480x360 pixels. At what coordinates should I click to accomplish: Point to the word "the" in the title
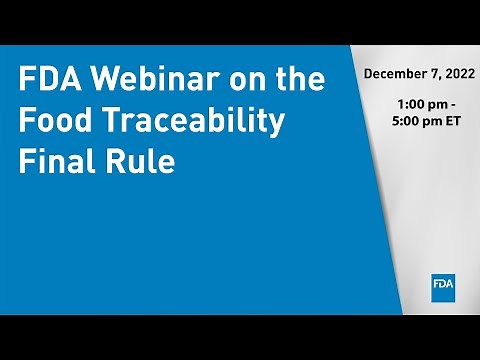click(298, 81)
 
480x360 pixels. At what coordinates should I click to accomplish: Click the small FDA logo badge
click(444, 285)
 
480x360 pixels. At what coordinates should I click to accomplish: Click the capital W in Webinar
click(99, 81)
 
